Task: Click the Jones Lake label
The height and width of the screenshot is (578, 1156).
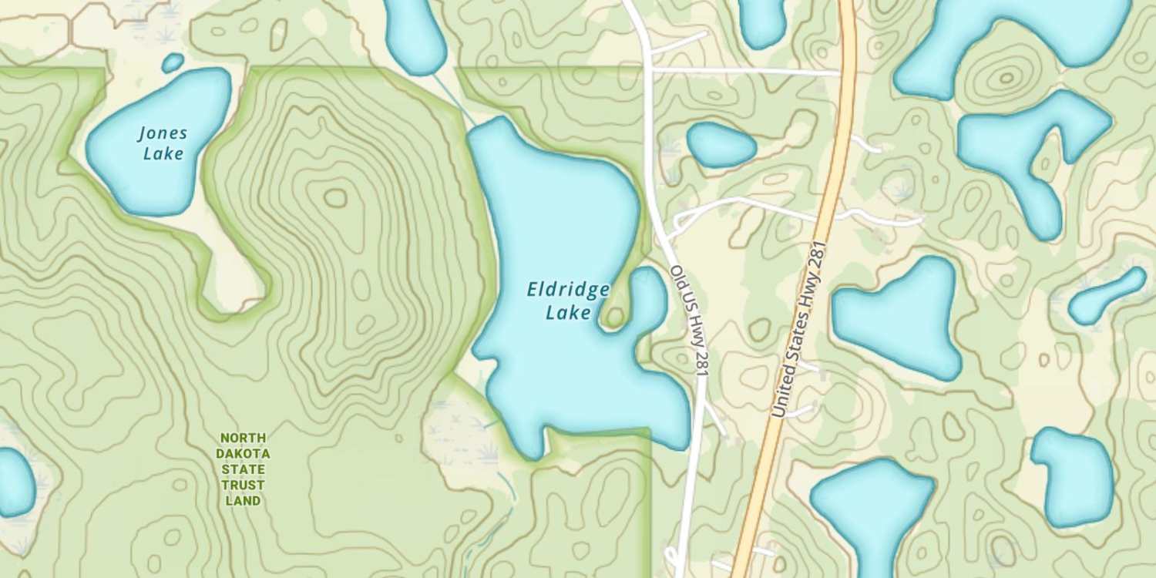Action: (163, 143)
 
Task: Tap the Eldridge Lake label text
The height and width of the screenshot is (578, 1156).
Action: (568, 301)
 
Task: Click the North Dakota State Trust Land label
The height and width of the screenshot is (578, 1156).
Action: (244, 469)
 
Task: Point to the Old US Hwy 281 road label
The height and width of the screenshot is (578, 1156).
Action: (689, 321)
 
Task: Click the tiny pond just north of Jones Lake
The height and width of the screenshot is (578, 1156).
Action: (173, 62)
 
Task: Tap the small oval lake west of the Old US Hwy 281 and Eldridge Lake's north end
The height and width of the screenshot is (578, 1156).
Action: (721, 145)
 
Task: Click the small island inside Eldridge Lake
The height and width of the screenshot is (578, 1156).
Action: (614, 317)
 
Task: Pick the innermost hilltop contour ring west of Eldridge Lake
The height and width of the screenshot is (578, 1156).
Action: (335, 198)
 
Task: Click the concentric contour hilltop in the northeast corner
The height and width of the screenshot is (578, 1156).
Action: (1005, 77)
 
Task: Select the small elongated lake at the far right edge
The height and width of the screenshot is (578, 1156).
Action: (1107, 297)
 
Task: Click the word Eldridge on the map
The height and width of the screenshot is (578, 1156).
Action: (568, 291)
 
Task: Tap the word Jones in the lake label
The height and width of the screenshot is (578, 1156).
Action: (163, 133)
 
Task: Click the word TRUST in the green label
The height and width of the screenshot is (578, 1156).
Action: (244, 485)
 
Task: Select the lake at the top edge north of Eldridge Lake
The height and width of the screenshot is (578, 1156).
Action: (415, 35)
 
